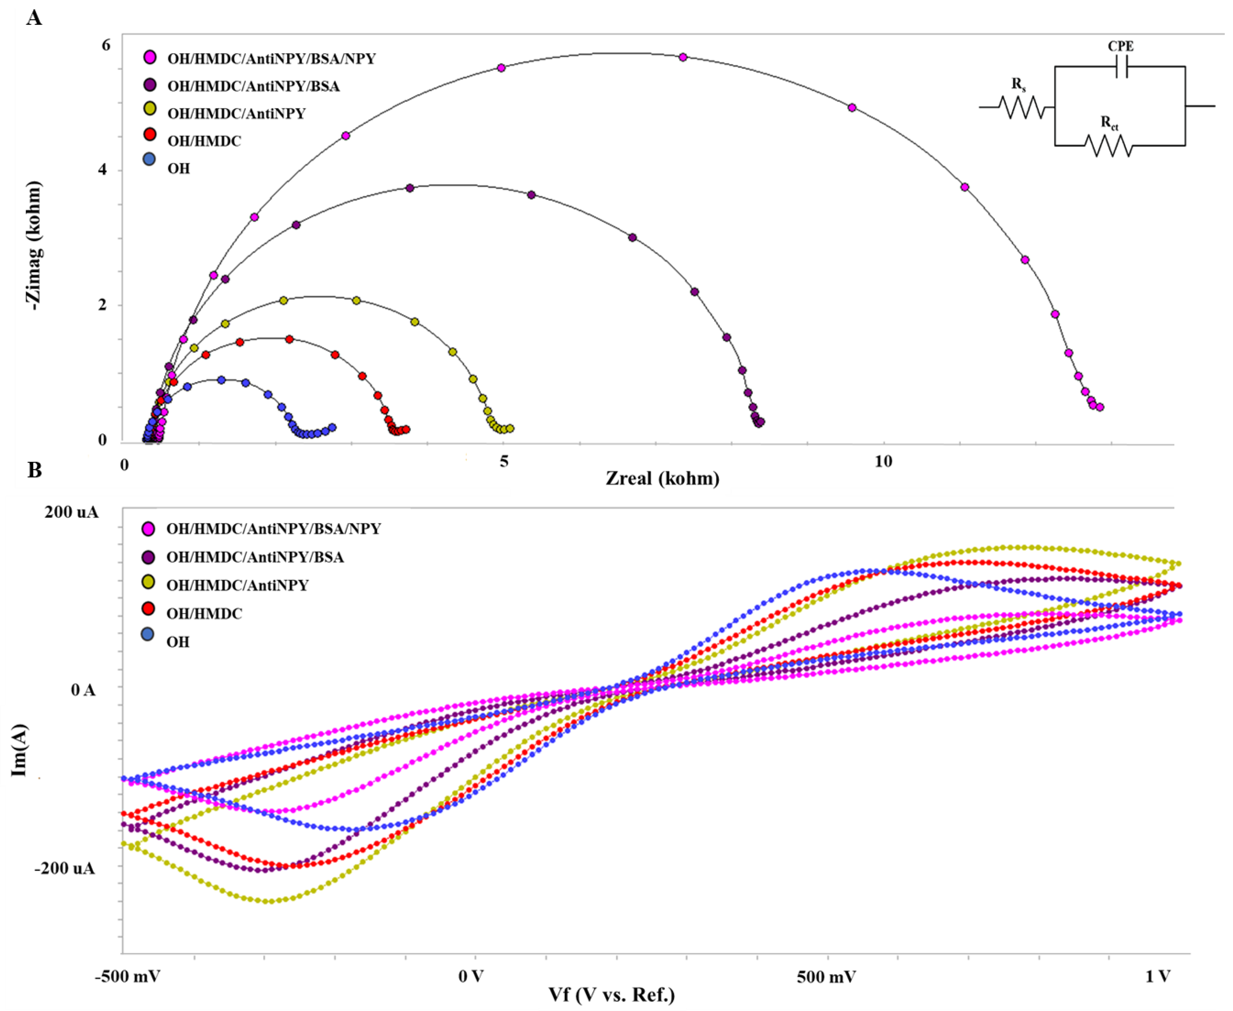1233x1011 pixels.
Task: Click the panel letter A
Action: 34,19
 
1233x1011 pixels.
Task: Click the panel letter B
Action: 34,469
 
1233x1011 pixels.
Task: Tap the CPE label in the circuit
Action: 1120,46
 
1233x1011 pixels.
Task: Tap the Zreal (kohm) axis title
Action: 662,479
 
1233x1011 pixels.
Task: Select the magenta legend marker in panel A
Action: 150,57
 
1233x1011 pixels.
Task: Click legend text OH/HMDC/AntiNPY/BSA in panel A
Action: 254,86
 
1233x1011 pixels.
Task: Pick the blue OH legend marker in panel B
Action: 148,634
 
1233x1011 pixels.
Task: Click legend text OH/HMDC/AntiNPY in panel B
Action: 237,585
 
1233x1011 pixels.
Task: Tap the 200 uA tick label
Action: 72,512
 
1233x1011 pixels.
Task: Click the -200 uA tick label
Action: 65,868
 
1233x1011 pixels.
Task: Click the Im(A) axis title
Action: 20,750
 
